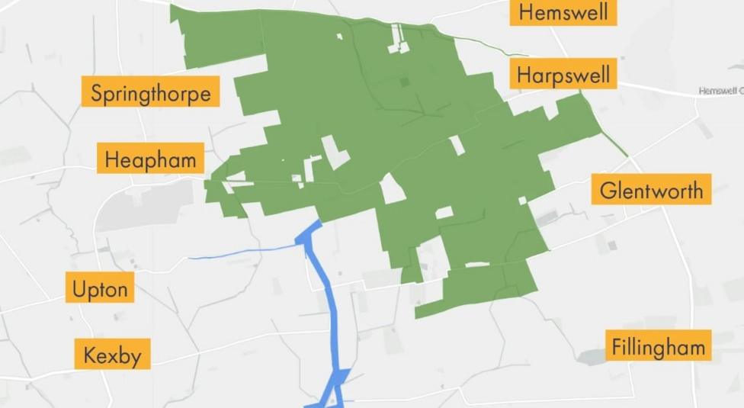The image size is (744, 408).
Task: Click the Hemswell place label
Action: (x=563, y=12)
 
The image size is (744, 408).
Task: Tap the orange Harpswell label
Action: (x=563, y=75)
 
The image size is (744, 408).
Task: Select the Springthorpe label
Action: (x=150, y=93)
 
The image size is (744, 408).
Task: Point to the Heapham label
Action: (x=150, y=159)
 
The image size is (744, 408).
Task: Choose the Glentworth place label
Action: (x=651, y=190)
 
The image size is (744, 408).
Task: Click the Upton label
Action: (x=100, y=289)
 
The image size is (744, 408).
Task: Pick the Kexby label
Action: (x=112, y=355)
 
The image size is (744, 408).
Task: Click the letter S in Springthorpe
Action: (x=97, y=93)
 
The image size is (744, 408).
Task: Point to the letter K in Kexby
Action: (x=90, y=355)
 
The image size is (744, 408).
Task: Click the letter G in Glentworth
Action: (x=608, y=190)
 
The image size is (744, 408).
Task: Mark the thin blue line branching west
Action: (x=236, y=253)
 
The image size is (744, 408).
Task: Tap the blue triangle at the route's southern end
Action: (x=339, y=378)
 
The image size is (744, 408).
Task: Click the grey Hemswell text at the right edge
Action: (x=720, y=91)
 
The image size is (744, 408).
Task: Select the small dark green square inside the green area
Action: (x=404, y=82)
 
